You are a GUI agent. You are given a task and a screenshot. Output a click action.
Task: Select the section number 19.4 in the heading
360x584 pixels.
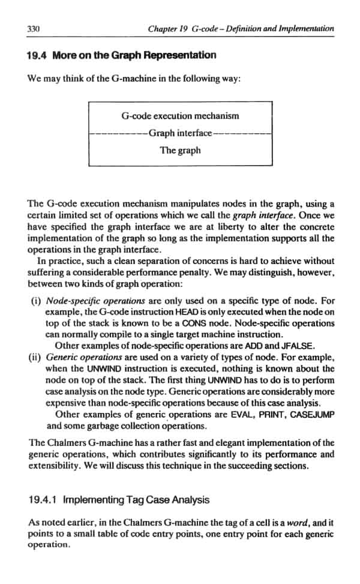click(38, 56)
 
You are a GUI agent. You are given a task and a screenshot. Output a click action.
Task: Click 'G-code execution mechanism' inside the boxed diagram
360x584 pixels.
click(180, 116)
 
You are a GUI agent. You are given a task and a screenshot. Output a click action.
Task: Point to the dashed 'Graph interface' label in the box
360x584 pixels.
click(180, 133)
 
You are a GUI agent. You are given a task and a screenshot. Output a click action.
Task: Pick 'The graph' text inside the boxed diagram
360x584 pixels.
click(180, 150)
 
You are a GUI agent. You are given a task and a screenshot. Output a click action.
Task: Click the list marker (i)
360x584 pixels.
click(35, 301)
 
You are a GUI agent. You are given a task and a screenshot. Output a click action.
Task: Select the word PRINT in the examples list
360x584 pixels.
click(275, 414)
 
